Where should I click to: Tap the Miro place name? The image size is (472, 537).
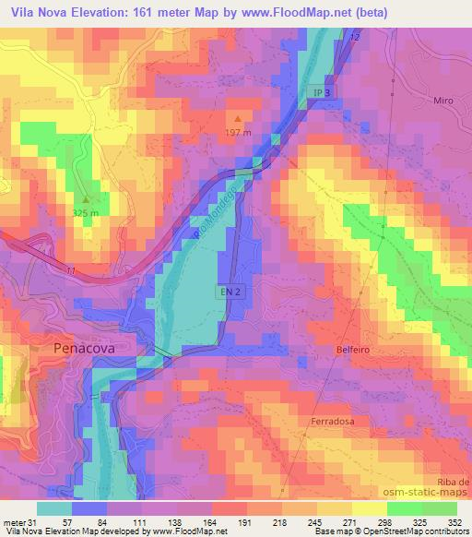click(x=444, y=99)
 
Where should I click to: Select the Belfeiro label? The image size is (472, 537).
click(x=354, y=350)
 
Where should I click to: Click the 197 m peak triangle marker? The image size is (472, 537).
click(x=240, y=118)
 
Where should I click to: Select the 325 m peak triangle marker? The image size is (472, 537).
click(x=87, y=198)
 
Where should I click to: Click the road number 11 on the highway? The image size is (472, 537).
click(x=70, y=269)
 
